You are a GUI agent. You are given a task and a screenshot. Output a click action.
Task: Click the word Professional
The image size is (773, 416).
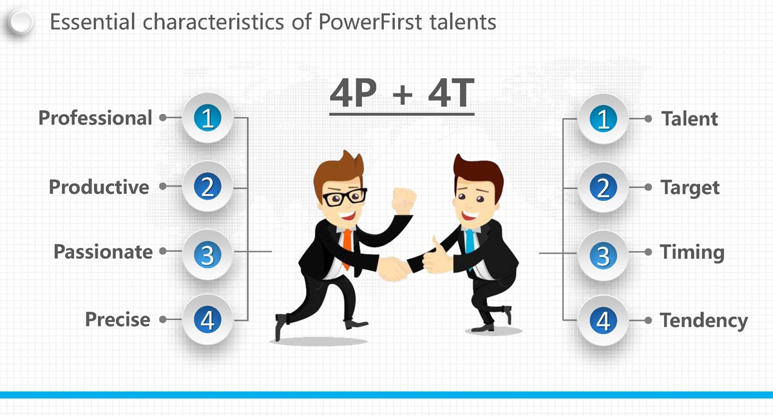coord(95,118)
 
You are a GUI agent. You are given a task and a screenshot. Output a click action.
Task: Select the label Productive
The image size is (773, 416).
coord(99,187)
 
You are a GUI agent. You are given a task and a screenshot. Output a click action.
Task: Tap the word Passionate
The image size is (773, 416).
coord(103,252)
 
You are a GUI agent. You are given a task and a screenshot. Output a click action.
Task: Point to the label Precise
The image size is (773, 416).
coord(118,319)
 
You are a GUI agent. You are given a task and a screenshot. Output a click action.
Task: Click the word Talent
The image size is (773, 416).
coord(689,119)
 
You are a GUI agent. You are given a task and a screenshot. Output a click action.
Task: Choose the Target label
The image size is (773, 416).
coord(690,188)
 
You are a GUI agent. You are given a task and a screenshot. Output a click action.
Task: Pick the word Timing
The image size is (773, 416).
coord(692,253)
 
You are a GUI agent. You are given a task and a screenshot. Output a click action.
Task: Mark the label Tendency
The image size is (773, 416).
coord(703,321)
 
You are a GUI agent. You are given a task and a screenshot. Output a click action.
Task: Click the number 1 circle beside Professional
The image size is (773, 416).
coord(207,118)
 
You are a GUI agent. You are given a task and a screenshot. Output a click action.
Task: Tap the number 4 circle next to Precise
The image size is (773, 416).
coord(207,320)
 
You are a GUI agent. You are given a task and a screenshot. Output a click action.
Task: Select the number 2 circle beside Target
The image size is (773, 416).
coord(603,187)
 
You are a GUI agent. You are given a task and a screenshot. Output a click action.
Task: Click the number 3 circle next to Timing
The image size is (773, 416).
coord(603,256)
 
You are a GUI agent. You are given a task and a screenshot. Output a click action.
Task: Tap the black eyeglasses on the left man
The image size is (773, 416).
coord(344,196)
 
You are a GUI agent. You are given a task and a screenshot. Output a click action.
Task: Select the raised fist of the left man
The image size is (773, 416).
coord(404,201)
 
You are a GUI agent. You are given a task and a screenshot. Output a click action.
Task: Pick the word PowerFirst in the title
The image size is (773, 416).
coord(370,22)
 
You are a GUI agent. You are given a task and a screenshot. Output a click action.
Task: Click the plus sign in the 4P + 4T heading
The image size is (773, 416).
coord(403,94)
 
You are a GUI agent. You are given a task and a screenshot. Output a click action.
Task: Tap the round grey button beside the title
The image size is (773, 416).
coord(21,22)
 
